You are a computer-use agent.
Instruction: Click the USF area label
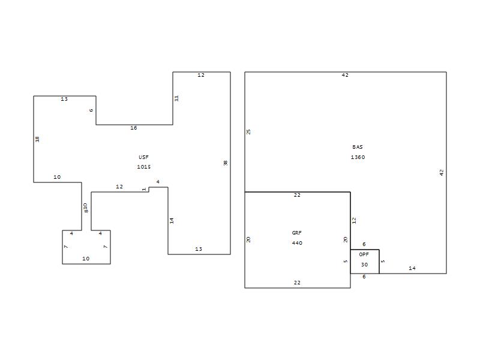[143, 157]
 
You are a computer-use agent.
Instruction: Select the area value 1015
[144, 167]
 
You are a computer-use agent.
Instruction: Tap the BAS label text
[358, 147]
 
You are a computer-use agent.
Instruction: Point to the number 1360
[358, 157]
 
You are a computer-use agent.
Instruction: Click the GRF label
[296, 233]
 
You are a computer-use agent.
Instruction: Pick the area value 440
[297, 243]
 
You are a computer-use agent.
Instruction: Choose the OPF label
[364, 254]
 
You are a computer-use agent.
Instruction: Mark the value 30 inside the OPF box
[364, 265]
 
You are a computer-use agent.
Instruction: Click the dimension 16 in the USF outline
[134, 128]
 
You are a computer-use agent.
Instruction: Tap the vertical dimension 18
[37, 139]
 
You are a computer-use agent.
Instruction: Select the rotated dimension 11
[176, 98]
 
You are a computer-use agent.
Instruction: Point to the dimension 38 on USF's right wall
[226, 163]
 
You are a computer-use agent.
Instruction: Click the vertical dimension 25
[248, 131]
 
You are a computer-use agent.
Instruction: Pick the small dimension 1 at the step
[144, 190]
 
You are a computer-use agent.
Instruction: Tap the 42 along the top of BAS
[345, 75]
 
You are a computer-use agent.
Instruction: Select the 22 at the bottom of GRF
[297, 283]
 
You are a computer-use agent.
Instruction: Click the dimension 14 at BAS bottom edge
[412, 268]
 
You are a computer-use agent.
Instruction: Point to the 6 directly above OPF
[364, 244]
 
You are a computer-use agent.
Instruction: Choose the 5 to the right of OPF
[383, 261]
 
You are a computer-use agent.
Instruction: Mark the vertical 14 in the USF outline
[172, 220]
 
